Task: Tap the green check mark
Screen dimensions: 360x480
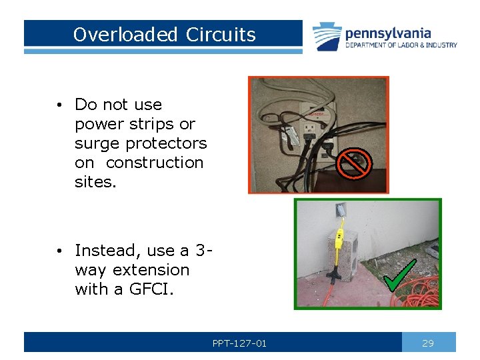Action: point(401,276)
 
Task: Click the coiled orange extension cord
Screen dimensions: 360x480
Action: point(420,293)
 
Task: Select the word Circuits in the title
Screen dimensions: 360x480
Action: point(221,35)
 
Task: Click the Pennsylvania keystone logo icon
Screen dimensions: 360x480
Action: point(327,37)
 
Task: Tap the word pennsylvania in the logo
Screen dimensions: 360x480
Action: point(388,33)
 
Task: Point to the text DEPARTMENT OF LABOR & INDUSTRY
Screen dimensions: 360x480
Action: point(401,45)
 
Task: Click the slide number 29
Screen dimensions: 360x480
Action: point(428,343)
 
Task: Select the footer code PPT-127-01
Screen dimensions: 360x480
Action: point(239,343)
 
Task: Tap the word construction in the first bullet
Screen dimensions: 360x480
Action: point(155,163)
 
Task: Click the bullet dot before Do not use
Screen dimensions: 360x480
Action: point(59,105)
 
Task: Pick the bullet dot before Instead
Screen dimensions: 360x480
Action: point(59,251)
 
